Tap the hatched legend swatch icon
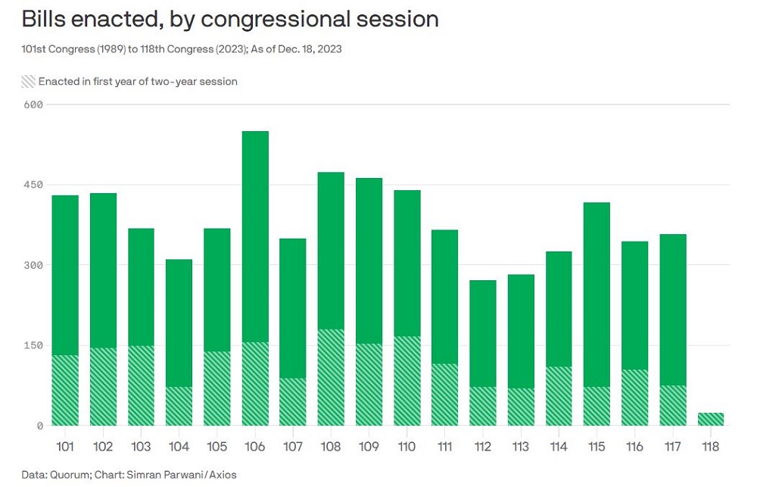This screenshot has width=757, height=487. click(28, 81)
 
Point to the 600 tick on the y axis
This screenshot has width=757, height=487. click(33, 105)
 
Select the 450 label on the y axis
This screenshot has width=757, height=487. click(33, 185)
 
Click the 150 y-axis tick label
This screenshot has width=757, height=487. click(33, 345)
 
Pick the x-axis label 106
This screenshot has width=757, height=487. click(255, 447)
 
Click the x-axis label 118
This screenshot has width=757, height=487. click(710, 447)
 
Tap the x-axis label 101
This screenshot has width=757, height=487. click(65, 447)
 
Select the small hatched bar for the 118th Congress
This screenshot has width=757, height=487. click(710, 419)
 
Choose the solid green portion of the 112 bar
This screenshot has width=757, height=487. click(482, 333)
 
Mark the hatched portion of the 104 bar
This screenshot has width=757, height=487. click(179, 406)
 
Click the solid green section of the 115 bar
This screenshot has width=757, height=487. click(597, 295)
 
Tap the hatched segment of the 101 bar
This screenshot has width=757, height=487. click(65, 390)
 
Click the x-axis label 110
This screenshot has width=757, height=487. click(407, 447)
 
